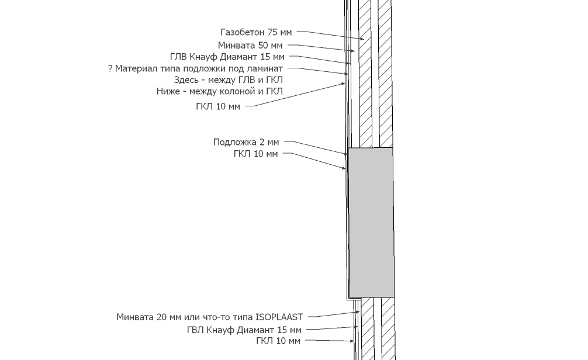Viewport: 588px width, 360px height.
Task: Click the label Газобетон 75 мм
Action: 256,33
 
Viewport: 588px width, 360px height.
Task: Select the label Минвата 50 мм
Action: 251,45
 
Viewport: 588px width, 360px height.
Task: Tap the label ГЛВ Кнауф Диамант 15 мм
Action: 227,57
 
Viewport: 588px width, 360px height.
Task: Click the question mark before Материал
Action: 110,68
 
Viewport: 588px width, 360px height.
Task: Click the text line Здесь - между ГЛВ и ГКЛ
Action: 229,80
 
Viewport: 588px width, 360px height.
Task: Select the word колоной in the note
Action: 225,91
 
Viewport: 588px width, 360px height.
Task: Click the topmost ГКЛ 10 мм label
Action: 217,106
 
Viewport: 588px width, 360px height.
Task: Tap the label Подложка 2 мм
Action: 246,142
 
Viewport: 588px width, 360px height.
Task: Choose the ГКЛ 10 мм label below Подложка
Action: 255,154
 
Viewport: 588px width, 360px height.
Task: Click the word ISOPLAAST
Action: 279,317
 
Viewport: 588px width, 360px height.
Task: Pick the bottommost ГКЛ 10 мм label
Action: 278,341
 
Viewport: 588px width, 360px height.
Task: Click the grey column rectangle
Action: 371,222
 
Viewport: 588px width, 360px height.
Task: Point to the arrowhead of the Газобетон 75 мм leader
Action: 363,39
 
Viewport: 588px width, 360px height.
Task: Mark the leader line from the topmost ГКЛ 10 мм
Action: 292,96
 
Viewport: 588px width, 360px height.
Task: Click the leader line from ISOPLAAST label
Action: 330,315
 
